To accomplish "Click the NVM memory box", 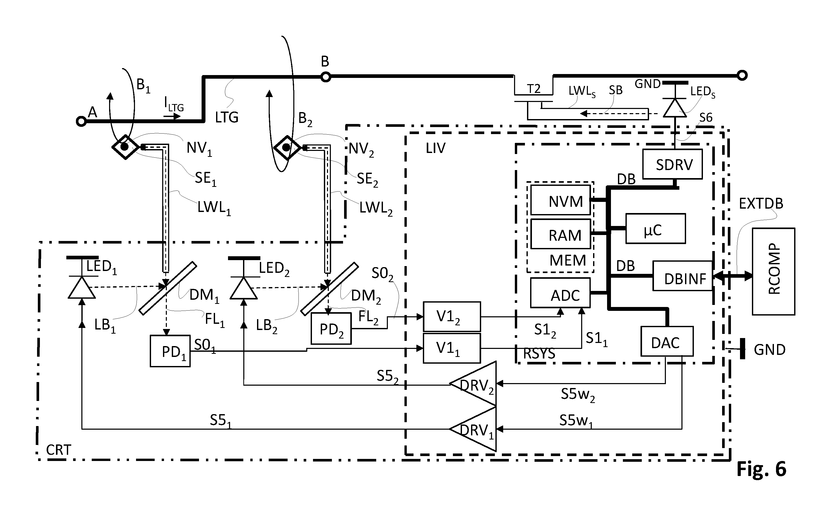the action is [560, 200].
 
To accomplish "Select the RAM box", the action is [560, 234].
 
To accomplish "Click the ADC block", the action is [560, 293].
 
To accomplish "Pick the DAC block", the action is [667, 341].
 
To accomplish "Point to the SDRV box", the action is [673, 164].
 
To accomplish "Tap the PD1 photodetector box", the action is [170, 351].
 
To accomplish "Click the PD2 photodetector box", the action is [331, 328].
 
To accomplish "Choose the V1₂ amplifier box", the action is [452, 316].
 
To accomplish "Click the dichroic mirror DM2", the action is [330, 289].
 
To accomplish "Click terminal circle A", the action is [81, 121].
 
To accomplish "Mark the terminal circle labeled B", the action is [326, 77].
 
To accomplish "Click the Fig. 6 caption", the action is [761, 469].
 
